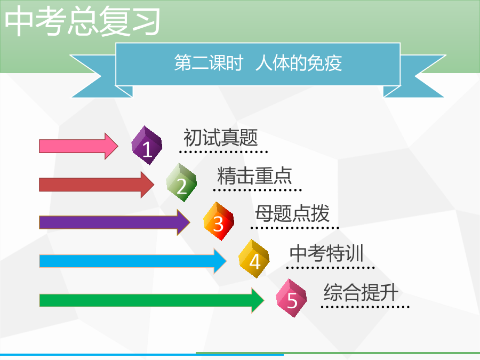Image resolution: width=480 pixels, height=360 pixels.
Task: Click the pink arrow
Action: point(78,146)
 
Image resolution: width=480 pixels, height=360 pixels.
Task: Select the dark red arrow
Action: point(97,185)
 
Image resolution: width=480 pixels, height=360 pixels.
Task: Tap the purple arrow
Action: point(115,222)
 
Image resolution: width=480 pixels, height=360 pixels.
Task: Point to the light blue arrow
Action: point(133,261)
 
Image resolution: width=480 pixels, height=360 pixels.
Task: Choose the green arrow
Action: point(151,300)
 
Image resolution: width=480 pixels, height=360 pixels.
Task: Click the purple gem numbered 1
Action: point(147,146)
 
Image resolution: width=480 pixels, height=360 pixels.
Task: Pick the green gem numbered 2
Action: point(181,182)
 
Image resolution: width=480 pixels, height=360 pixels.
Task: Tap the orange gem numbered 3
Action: point(219,221)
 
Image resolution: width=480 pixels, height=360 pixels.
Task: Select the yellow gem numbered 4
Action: point(254,259)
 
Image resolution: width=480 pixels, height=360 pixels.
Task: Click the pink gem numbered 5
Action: point(291,298)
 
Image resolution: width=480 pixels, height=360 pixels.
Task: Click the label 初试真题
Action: point(221,138)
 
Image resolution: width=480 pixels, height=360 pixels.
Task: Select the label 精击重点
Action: point(255,175)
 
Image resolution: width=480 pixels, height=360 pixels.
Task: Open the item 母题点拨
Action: point(292,213)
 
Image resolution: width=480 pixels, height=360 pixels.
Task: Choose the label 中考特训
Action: point(326,253)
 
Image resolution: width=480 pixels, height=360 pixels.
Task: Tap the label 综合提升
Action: point(361,292)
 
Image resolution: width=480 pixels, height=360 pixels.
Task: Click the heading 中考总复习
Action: point(82,21)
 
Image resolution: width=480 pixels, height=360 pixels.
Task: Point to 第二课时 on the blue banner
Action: point(209,63)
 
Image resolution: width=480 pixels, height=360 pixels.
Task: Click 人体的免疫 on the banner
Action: point(299,63)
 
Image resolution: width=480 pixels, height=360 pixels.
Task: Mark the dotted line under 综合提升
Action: point(365,307)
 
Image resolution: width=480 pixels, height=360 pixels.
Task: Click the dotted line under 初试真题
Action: point(223,151)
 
